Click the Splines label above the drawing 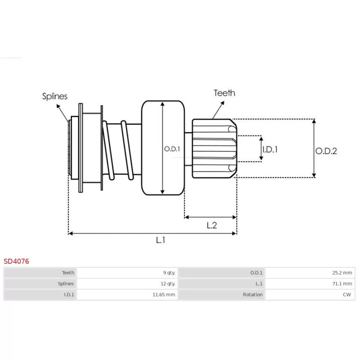pyautogui.click(x=54, y=96)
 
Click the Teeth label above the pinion pyautogui.click(x=224, y=93)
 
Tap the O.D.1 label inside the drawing pyautogui.click(x=172, y=149)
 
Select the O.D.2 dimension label pyautogui.click(x=326, y=151)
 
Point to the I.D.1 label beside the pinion pyautogui.click(x=270, y=149)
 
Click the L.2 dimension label pyautogui.click(x=211, y=225)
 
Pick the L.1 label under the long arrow pyautogui.click(x=161, y=240)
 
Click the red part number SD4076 pyautogui.click(x=16, y=261)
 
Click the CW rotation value pyautogui.click(x=347, y=295)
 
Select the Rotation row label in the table pyautogui.click(x=252, y=295)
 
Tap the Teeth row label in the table pyautogui.click(x=68, y=273)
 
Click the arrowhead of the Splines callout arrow pyautogui.click(x=58, y=106)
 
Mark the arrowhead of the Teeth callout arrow pyautogui.click(x=222, y=103)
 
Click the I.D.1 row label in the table pyautogui.click(x=69, y=295)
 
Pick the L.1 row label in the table pyautogui.click(x=259, y=284)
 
